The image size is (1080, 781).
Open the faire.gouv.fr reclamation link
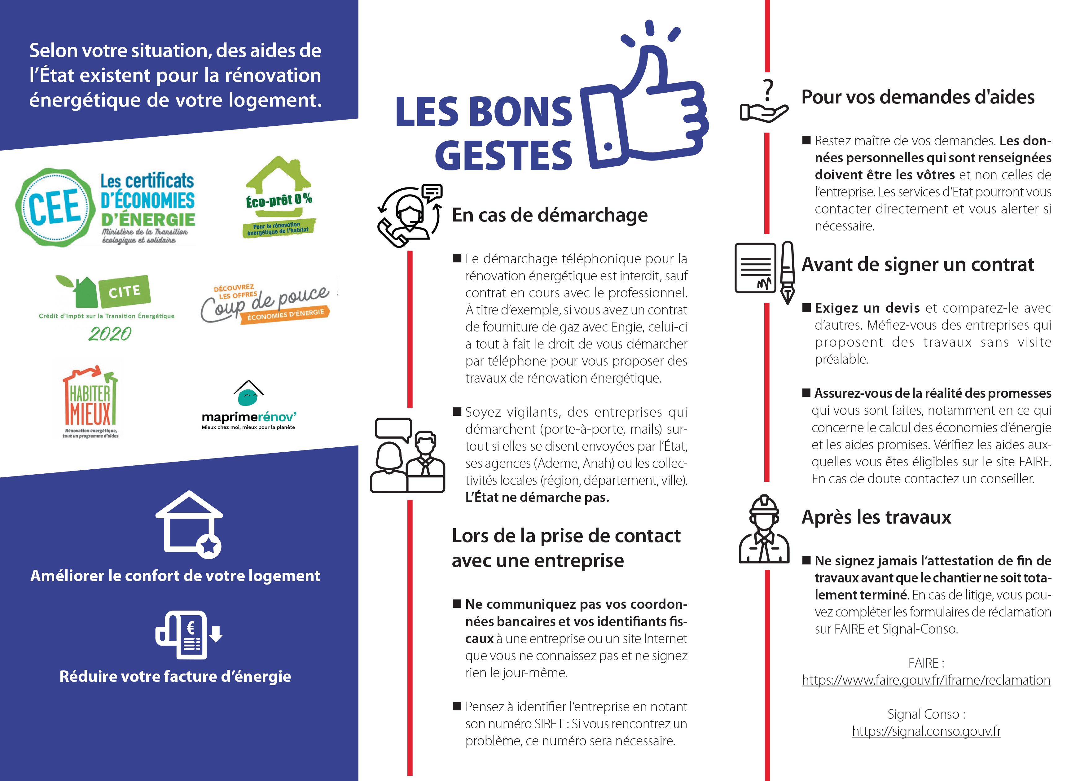[x=926, y=680]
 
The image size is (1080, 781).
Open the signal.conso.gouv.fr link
[x=926, y=731]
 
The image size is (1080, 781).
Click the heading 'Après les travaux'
[x=876, y=517]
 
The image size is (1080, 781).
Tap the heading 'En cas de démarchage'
[x=550, y=215]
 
